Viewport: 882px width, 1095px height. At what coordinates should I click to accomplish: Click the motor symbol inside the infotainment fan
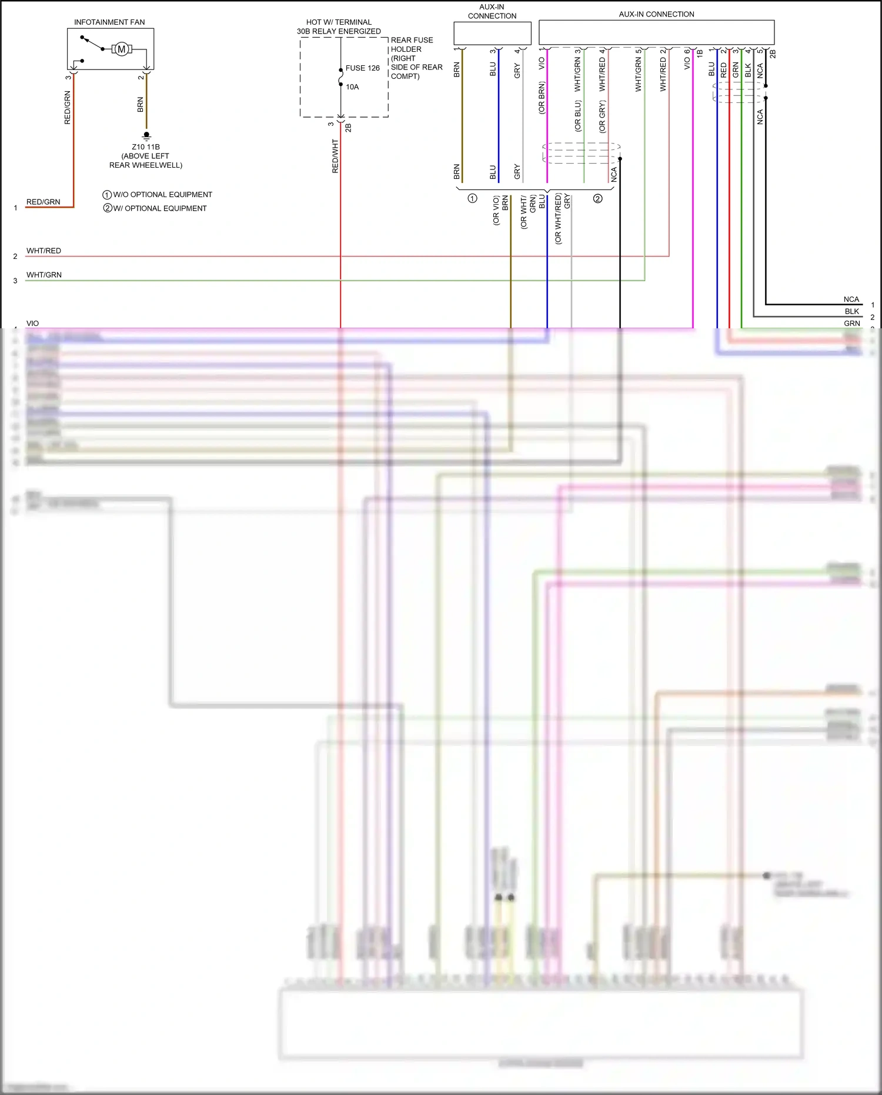coord(122,49)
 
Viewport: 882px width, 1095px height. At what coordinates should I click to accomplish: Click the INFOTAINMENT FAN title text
coord(109,22)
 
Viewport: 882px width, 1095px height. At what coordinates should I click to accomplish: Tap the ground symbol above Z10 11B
coord(146,135)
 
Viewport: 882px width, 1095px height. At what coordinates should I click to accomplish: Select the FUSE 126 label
coord(362,68)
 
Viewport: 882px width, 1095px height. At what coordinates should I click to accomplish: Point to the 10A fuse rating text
coord(352,87)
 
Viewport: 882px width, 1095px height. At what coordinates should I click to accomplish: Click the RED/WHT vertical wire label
coord(335,156)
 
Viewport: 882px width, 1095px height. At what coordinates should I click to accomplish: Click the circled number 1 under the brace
coord(472,198)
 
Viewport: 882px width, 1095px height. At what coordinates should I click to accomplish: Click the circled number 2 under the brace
coord(597,198)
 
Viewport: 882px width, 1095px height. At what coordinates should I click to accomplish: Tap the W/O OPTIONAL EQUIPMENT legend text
coord(162,195)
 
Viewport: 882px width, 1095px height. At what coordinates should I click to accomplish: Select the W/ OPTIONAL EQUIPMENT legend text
coord(159,208)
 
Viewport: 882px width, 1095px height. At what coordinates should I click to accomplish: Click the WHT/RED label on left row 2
coord(44,251)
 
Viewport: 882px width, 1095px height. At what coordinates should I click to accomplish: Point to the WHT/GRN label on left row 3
coord(44,275)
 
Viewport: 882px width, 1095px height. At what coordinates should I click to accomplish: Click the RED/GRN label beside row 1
coord(43,202)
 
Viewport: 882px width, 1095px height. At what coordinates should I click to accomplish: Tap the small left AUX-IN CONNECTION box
coord(492,33)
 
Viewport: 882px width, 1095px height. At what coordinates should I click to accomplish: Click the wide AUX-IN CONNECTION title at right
coord(656,14)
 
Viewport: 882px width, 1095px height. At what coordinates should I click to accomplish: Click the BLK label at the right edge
coord(851,311)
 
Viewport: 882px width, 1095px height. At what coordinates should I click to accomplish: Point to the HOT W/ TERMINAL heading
coord(339,22)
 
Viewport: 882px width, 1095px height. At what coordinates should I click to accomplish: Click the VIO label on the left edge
coord(32,324)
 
